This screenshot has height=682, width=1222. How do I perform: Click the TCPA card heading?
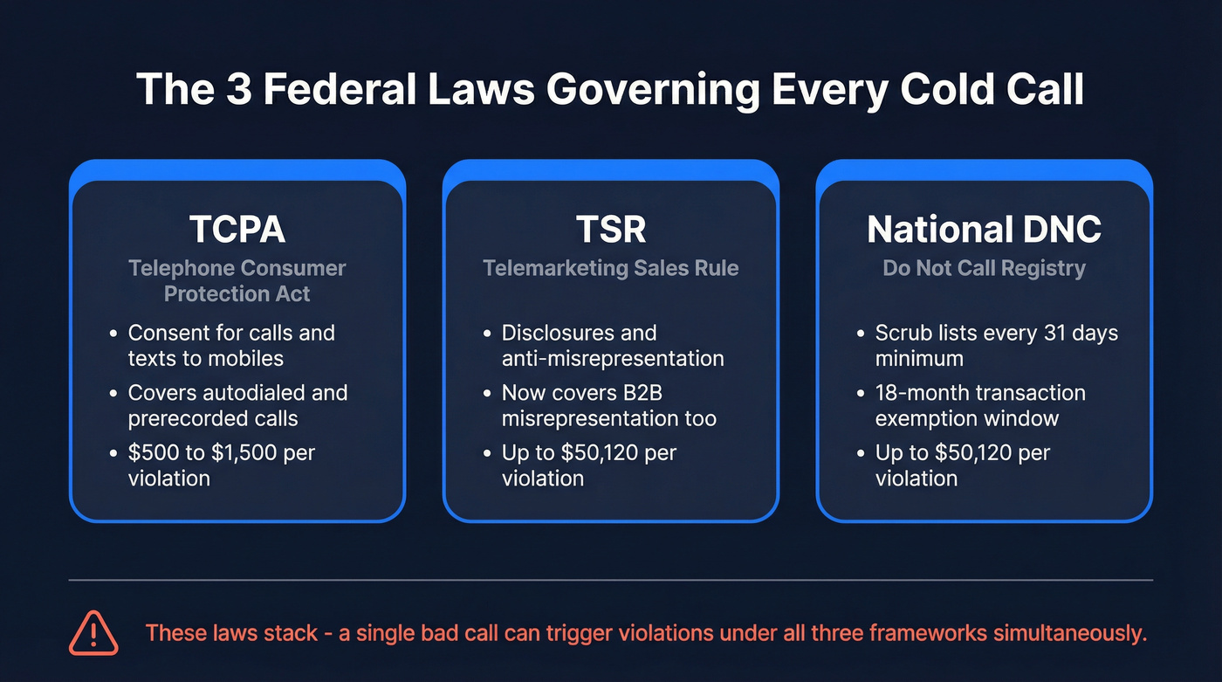tap(237, 230)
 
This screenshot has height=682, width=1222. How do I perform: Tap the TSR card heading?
tap(611, 230)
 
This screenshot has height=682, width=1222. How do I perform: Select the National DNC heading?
tap(984, 230)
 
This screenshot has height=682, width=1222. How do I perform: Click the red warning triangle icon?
tap(93, 632)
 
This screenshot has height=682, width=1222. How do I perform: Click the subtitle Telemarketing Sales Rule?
tap(611, 268)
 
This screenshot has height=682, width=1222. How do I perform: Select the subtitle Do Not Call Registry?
tap(984, 268)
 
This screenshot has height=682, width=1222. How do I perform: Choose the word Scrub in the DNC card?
tap(903, 333)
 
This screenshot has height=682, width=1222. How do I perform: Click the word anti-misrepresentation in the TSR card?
tap(612, 358)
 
